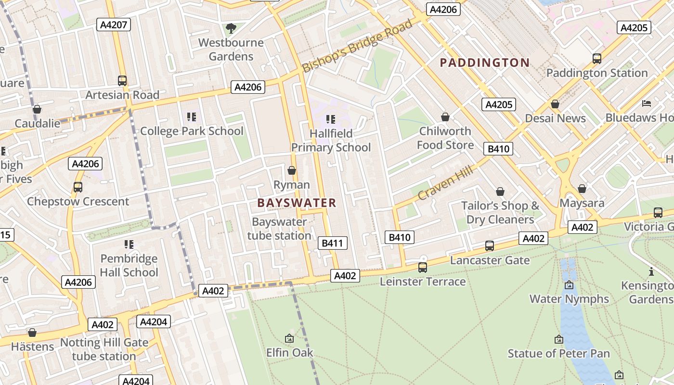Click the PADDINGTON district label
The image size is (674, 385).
[485, 63]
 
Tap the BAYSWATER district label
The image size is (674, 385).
[297, 203]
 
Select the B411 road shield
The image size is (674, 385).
[332, 243]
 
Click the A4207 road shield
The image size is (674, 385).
[114, 25]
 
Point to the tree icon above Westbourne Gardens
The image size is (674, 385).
[231, 28]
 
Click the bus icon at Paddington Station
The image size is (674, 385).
[597, 59]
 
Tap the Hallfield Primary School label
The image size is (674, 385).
[331, 140]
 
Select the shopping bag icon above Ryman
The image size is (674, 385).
[292, 170]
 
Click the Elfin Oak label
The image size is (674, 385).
[289, 353]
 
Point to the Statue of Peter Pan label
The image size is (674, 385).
[558, 354]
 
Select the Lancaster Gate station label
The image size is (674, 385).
[490, 260]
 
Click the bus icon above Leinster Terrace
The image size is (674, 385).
[423, 267]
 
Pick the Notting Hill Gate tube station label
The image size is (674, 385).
[104, 349]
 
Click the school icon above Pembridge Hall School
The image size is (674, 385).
[129, 244]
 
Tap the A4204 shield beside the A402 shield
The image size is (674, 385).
[154, 321]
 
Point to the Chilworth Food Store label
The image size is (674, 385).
[445, 138]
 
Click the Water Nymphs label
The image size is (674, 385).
[569, 299]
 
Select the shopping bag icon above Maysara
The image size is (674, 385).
[582, 189]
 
